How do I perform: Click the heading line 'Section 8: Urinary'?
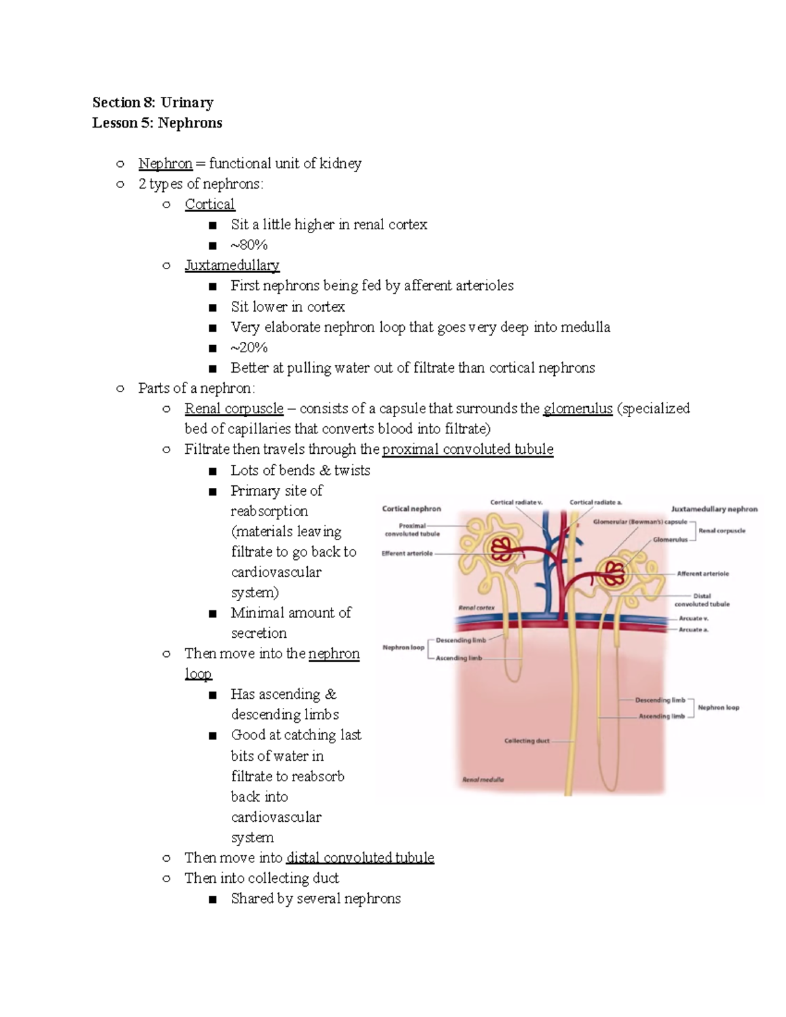(153, 102)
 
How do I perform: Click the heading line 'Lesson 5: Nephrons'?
(157, 123)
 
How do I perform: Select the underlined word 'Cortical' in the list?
(210, 204)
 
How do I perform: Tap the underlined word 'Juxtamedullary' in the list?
(232, 265)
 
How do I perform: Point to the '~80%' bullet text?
(249, 245)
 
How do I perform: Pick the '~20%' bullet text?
(249, 347)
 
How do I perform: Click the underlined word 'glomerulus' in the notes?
(578, 409)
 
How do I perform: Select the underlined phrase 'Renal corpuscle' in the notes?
(234, 409)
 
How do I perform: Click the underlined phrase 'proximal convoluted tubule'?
(468, 449)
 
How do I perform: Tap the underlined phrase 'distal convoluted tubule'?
(360, 858)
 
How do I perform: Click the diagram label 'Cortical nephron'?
(411, 509)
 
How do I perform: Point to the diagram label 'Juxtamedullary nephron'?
(714, 509)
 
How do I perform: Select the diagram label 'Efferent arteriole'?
(407, 553)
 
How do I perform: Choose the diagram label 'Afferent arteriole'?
(703, 574)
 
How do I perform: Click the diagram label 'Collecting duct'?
(527, 741)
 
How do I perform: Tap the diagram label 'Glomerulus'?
(670, 540)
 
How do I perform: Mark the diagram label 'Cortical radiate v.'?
(516, 502)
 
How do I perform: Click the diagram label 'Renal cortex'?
(476, 608)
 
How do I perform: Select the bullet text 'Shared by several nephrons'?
(316, 898)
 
